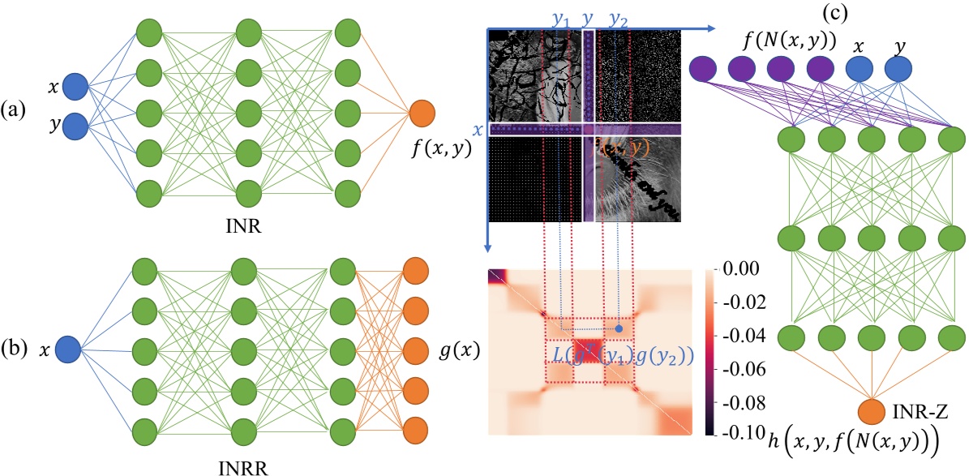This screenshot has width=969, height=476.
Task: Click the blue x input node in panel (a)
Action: pyautogui.click(x=75, y=85)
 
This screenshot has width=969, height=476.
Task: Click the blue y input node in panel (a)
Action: pyautogui.click(x=75, y=126)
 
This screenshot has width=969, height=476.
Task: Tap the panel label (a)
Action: pyautogui.click(x=16, y=108)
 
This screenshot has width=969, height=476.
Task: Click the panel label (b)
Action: pyautogui.click(x=16, y=350)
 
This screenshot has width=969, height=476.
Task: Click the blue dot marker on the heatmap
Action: pyautogui.click(x=620, y=328)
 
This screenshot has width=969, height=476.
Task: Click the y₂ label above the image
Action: pyautogui.click(x=619, y=18)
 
